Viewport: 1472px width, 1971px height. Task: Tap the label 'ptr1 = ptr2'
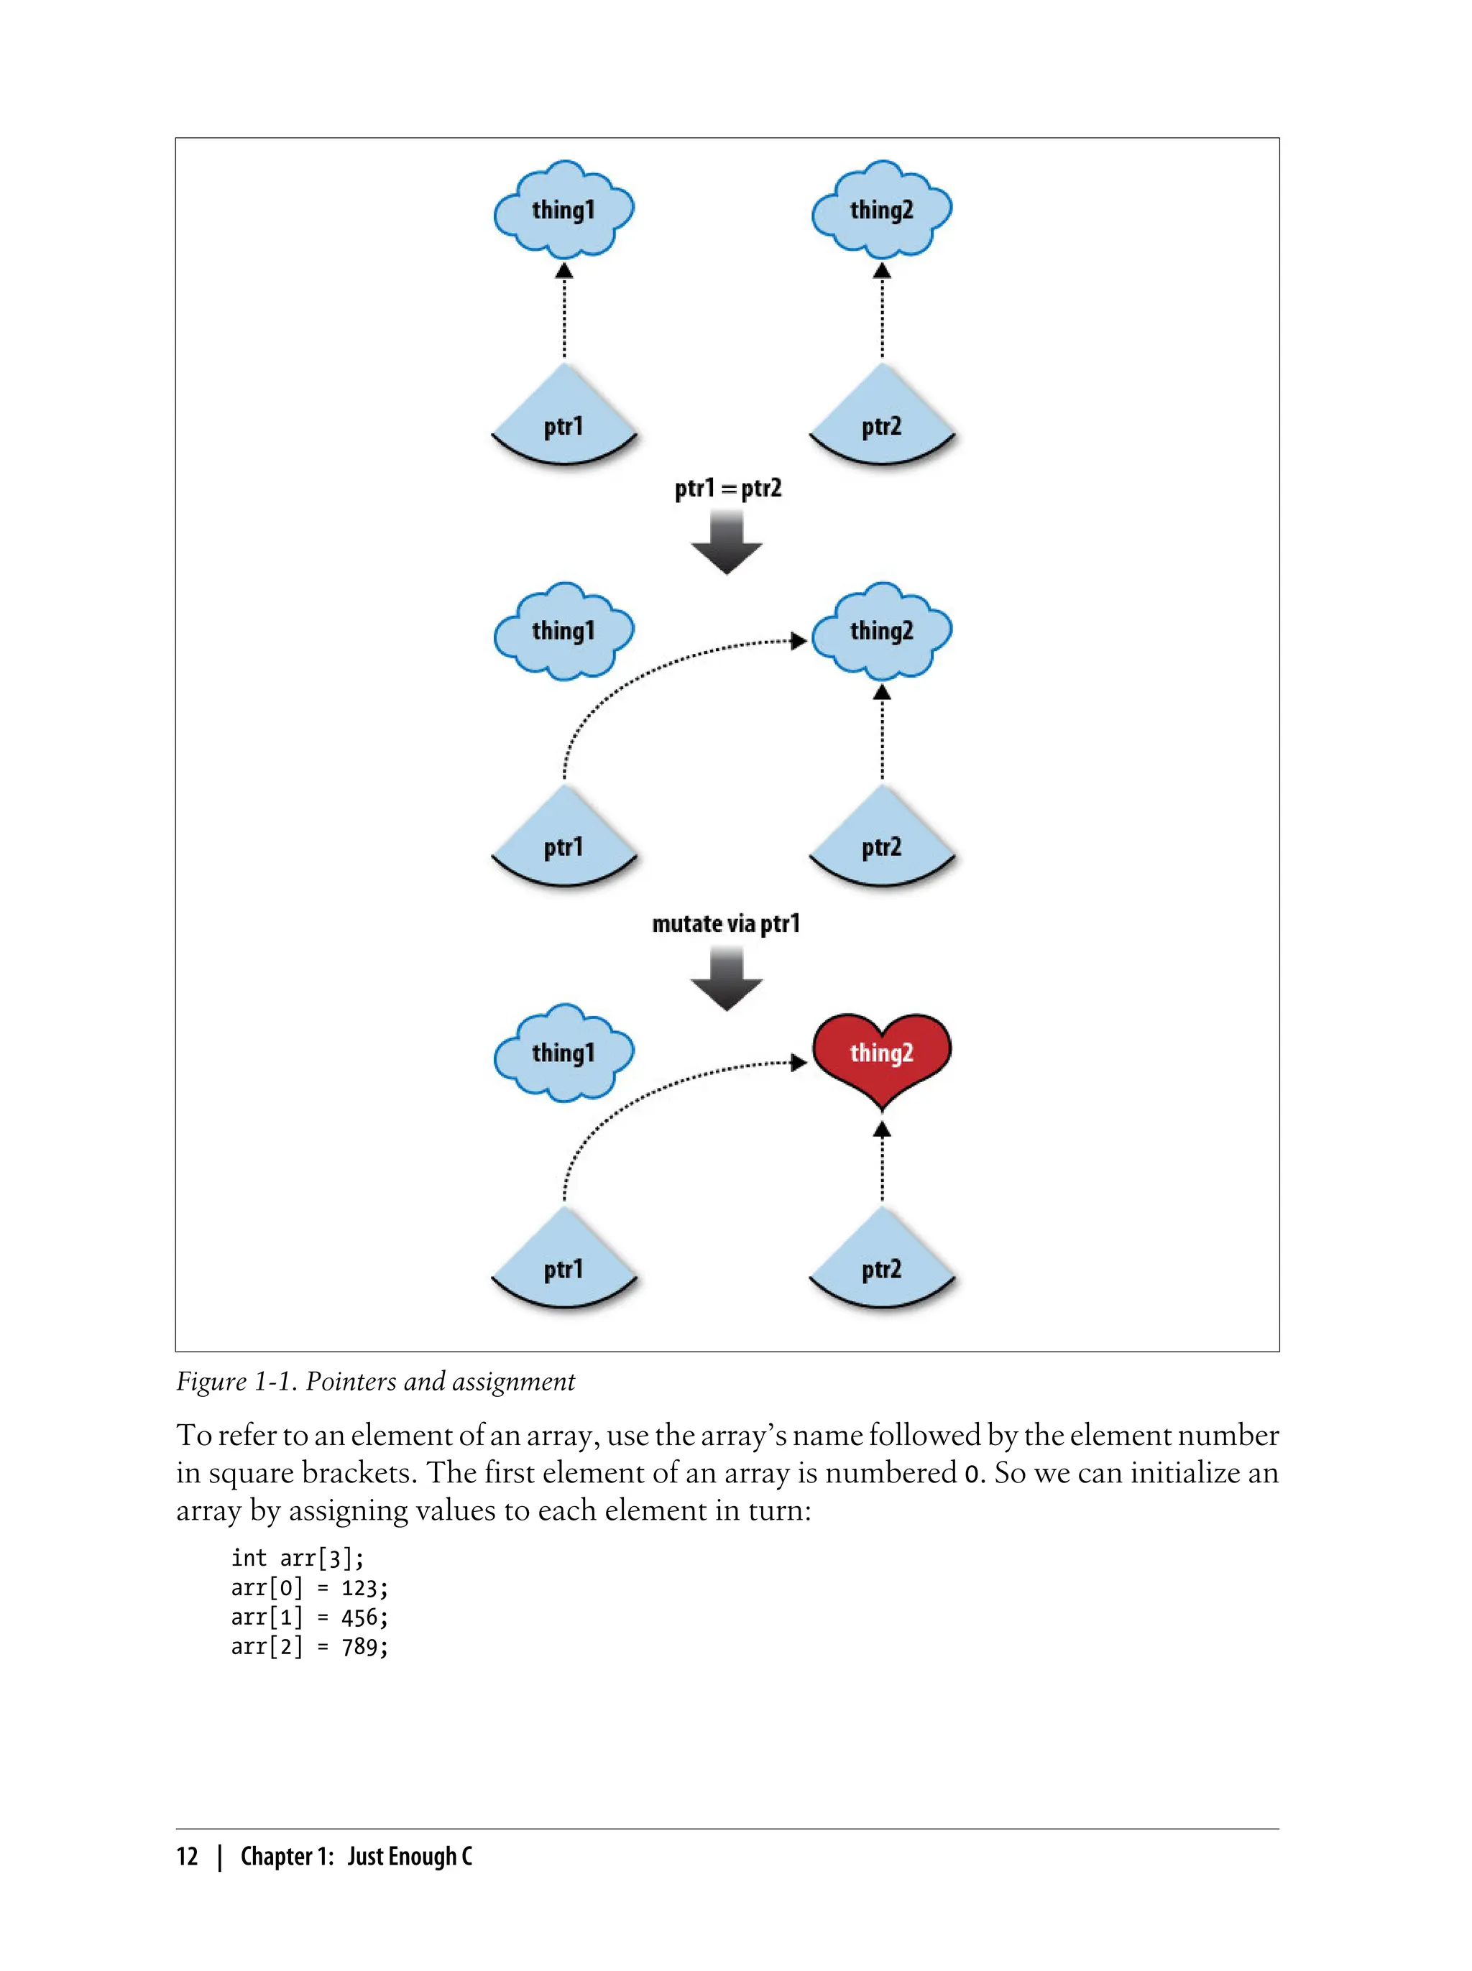[728, 488]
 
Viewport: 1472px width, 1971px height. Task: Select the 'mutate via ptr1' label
[726, 923]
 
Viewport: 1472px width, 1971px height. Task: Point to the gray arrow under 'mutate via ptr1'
[726, 978]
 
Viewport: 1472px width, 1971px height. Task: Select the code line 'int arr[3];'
[297, 1558]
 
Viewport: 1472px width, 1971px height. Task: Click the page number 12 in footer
[187, 1856]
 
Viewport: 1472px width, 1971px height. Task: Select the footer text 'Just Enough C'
[409, 1856]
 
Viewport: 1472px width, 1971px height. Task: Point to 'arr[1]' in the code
[267, 1617]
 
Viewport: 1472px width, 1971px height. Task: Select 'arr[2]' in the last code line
[267, 1646]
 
